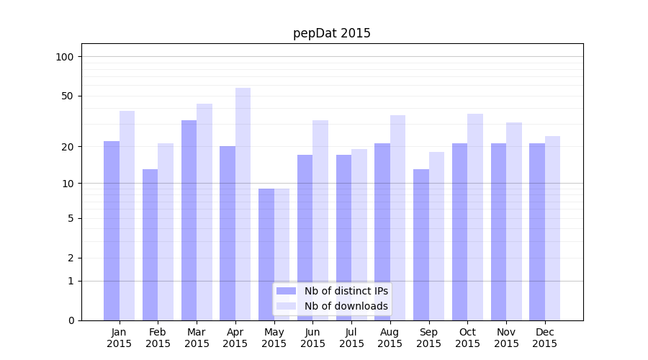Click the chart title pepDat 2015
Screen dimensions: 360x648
pos(331,33)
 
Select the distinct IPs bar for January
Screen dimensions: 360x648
pos(112,230)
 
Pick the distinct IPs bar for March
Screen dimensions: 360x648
pos(189,220)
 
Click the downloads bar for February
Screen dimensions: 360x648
pos(166,231)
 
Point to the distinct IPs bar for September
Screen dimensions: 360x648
pos(421,245)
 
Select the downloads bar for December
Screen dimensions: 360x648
pos(552,228)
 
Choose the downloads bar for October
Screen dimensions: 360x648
pos(475,217)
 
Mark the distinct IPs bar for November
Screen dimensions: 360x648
pos(498,231)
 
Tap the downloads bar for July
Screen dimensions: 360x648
pos(359,234)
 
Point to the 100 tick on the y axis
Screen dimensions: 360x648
pos(65,57)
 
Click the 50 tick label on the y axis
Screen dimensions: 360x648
pos(68,96)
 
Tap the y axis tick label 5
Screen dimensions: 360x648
pos(71,218)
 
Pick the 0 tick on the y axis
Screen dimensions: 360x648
pos(71,320)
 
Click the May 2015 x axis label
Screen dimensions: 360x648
pos(274,338)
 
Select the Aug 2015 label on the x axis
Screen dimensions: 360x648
pos(390,338)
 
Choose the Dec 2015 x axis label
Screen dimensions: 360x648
pos(545,338)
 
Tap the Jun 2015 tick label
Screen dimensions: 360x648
pos(312,338)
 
